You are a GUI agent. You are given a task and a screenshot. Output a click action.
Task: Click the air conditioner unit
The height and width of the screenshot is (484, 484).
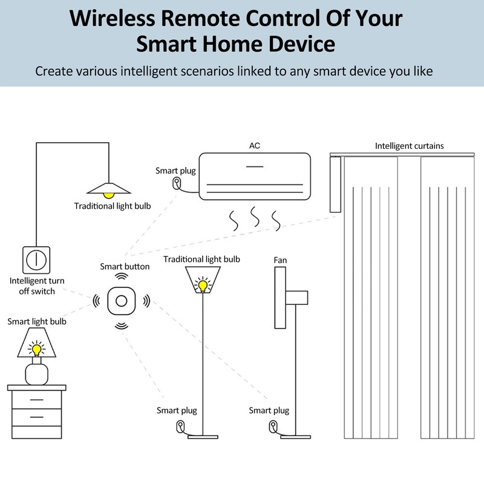[x=255, y=176]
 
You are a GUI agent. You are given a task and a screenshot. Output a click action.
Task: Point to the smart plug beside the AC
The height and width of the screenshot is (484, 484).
[x=177, y=183]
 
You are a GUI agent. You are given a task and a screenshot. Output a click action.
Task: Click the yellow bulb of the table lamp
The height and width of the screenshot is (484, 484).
[x=37, y=349]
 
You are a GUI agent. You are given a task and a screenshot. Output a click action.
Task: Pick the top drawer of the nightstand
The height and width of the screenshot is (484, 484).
[x=36, y=400]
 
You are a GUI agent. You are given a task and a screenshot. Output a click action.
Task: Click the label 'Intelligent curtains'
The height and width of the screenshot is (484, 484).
[x=409, y=146]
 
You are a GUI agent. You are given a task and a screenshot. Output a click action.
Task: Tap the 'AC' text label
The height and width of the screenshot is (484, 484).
[x=255, y=146]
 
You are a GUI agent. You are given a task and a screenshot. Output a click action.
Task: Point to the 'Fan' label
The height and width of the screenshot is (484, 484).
[x=280, y=260]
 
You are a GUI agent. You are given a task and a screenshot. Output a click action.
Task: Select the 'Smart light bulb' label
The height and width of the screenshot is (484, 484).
[x=37, y=321]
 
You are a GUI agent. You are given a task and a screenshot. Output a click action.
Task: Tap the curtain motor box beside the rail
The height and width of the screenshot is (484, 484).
[x=335, y=184]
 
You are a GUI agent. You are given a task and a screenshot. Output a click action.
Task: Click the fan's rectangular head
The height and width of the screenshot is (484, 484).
[x=280, y=298]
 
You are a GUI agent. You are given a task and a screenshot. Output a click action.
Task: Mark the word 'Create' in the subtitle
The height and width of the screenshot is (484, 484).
[x=53, y=71]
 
